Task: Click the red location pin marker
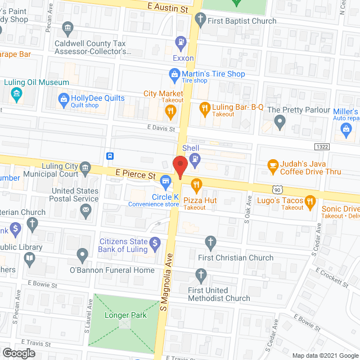pos(179,166)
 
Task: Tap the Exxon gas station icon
pos(180,41)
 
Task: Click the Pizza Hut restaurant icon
pos(196,184)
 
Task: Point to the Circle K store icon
pos(165,181)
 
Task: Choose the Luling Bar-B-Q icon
pos(205,107)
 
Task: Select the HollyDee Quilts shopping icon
pos(64,100)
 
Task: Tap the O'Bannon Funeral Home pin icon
pos(83,256)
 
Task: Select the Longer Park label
pos(125,315)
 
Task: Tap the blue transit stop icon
pos(111,156)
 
